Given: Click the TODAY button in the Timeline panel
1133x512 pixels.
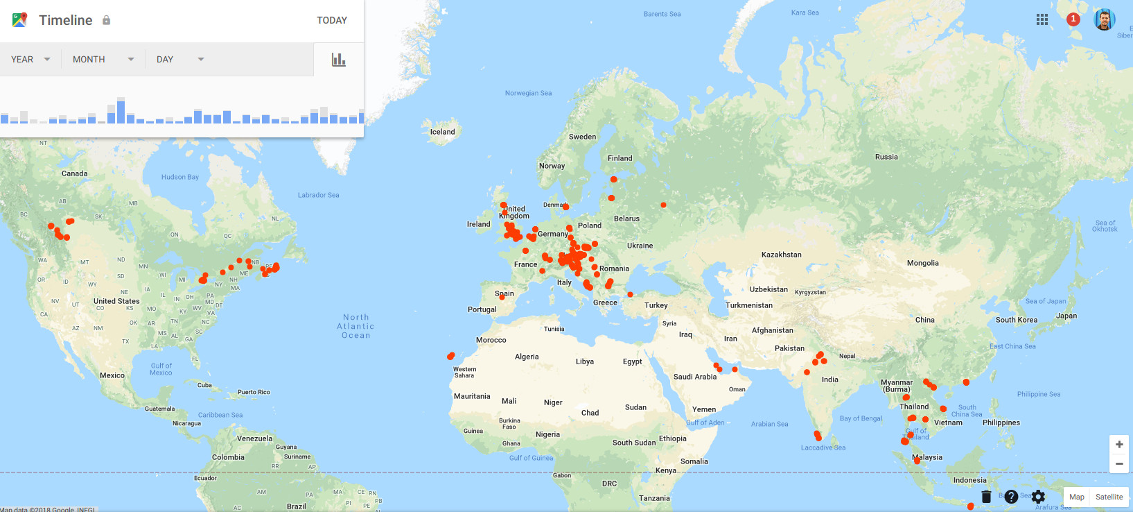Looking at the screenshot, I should pyautogui.click(x=332, y=20).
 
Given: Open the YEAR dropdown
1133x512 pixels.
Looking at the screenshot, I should pyautogui.click(x=30, y=60).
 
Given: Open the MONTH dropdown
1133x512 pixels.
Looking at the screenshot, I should pyautogui.click(x=103, y=60).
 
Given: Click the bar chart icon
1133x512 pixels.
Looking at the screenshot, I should pyautogui.click(x=339, y=60).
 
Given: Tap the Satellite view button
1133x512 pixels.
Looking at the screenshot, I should pyautogui.click(x=1109, y=497).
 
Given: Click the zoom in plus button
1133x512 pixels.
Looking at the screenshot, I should pyautogui.click(x=1119, y=445).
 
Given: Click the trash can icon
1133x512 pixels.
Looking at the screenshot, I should pyautogui.click(x=986, y=497).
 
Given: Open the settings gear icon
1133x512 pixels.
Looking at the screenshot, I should pyautogui.click(x=1038, y=497).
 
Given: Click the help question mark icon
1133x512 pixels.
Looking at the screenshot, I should pyautogui.click(x=1011, y=497).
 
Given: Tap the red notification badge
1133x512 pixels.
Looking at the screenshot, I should pyautogui.click(x=1073, y=19).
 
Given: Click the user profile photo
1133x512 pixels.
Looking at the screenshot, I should pyautogui.click(x=1104, y=19).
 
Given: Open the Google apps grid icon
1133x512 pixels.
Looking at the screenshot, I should pyautogui.click(x=1042, y=19).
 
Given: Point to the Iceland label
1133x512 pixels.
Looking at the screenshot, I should pyautogui.click(x=443, y=132).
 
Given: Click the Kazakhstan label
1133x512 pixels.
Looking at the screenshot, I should pyautogui.click(x=781, y=255).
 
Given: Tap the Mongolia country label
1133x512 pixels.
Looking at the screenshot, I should pyautogui.click(x=922, y=263).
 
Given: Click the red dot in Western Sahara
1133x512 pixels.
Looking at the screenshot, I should pyautogui.click(x=451, y=356).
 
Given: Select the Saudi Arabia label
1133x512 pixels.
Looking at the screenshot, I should pyautogui.click(x=695, y=377).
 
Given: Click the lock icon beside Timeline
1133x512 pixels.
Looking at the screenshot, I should pyautogui.click(x=106, y=20).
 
